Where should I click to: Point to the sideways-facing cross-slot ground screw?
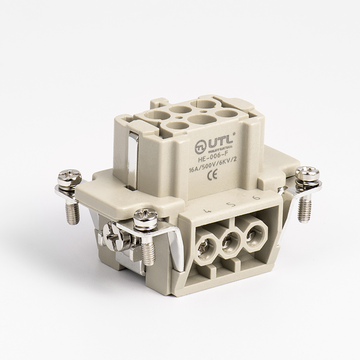110,234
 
